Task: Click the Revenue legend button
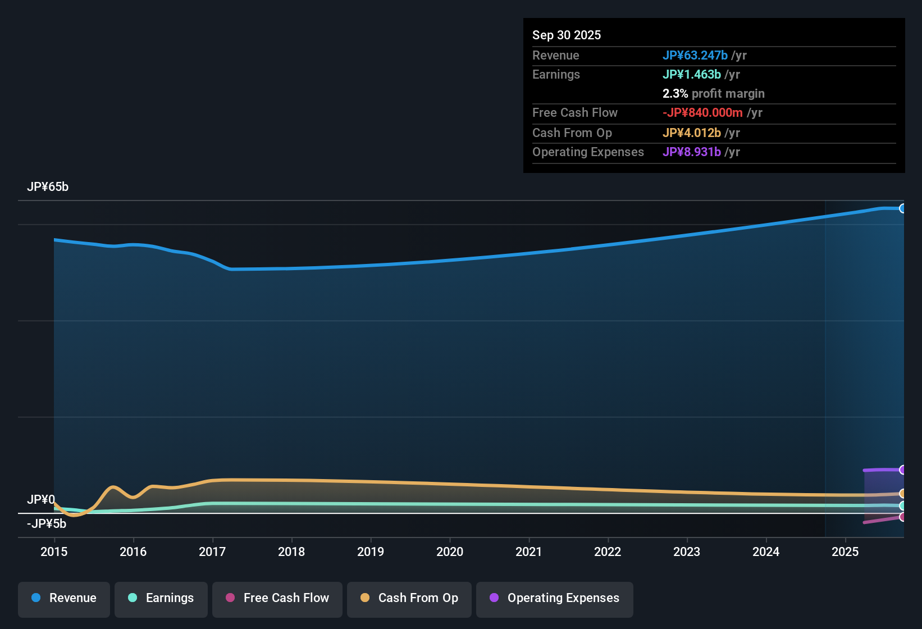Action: click(x=64, y=598)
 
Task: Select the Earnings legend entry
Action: click(x=161, y=598)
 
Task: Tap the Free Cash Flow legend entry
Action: click(x=277, y=598)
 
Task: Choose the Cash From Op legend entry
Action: click(x=409, y=598)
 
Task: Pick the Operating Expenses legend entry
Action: click(x=555, y=598)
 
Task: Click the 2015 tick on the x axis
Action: click(x=54, y=551)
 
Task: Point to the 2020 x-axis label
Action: click(x=450, y=551)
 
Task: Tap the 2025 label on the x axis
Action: click(x=845, y=551)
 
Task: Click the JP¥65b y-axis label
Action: click(x=48, y=187)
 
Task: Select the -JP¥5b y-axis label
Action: click(x=47, y=524)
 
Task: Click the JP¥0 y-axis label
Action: click(x=41, y=499)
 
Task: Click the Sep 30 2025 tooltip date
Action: click(x=567, y=35)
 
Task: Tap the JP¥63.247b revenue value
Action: click(x=695, y=55)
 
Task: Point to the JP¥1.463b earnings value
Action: click(x=692, y=74)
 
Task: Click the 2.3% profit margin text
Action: click(x=713, y=93)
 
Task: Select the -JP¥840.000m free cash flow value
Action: click(x=702, y=112)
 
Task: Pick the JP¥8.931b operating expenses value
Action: click(x=692, y=152)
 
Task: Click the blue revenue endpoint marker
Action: click(x=902, y=208)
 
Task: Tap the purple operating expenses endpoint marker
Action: click(x=902, y=470)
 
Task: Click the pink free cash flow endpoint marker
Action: click(x=902, y=517)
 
